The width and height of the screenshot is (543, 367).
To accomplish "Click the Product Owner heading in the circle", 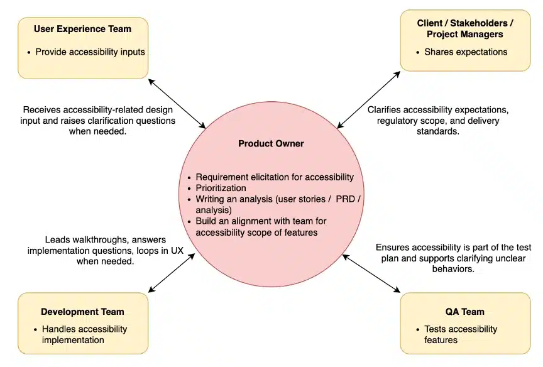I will click(271, 144).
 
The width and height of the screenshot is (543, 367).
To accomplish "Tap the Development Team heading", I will click(82, 312).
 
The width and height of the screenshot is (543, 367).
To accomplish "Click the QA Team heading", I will click(464, 312).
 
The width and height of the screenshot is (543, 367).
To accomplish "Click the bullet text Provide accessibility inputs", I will click(90, 52).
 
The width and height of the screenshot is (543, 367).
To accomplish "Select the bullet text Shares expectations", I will click(466, 52).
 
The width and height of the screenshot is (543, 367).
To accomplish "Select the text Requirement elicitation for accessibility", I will click(275, 177).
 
